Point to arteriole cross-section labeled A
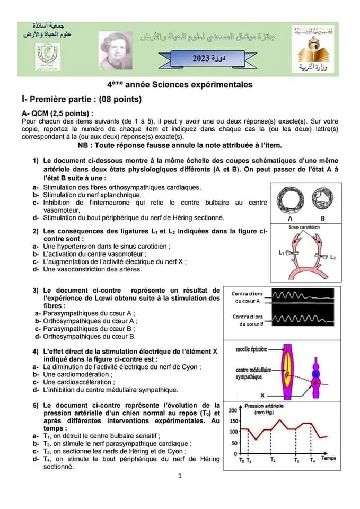290,200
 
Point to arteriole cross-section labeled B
323,200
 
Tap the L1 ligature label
281,252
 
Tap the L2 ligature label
332,257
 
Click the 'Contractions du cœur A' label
247,297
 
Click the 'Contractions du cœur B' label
247,320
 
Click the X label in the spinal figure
264,395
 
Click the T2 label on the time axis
272,460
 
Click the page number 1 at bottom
180,476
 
